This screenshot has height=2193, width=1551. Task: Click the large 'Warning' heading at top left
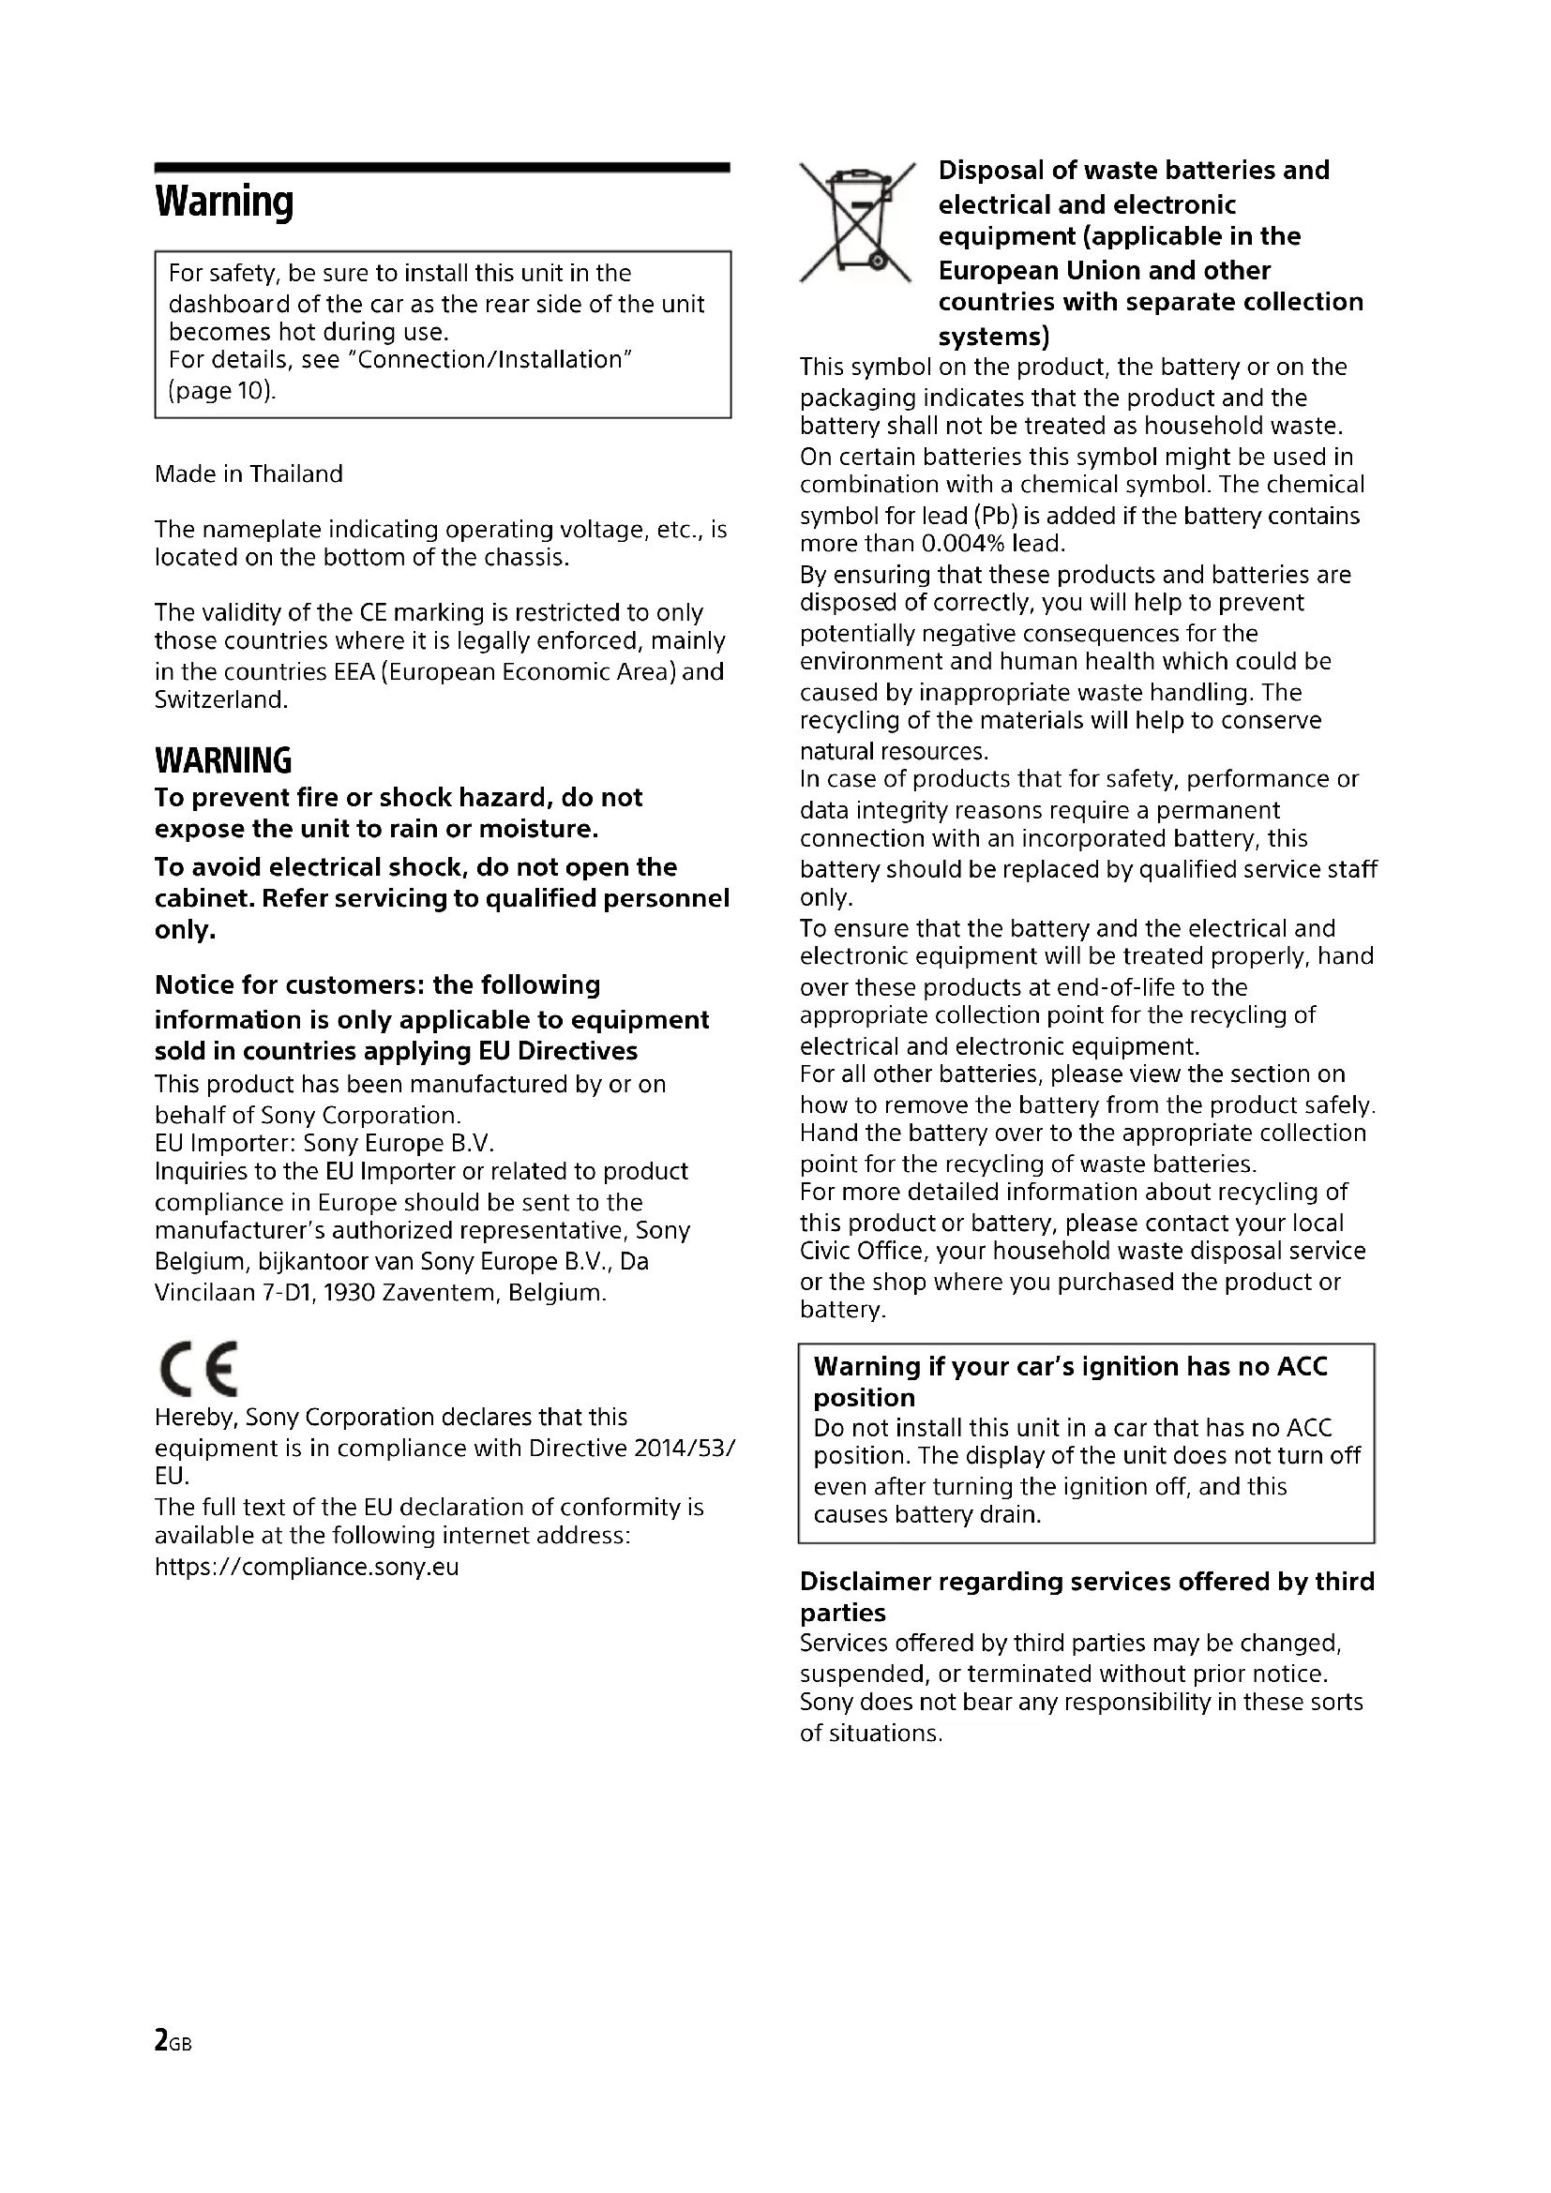(223, 202)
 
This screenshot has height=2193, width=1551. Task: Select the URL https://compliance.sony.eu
(307, 1568)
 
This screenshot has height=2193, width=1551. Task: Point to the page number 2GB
(173, 2040)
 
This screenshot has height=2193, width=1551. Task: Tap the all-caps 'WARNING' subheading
(222, 761)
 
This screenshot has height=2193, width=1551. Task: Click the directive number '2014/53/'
(684, 1448)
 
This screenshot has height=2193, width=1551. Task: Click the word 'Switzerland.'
(220, 700)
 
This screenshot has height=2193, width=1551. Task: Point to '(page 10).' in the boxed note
(221, 392)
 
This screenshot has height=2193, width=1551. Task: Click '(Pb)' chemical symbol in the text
(997, 517)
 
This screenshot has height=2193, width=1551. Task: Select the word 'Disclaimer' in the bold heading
(865, 1582)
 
